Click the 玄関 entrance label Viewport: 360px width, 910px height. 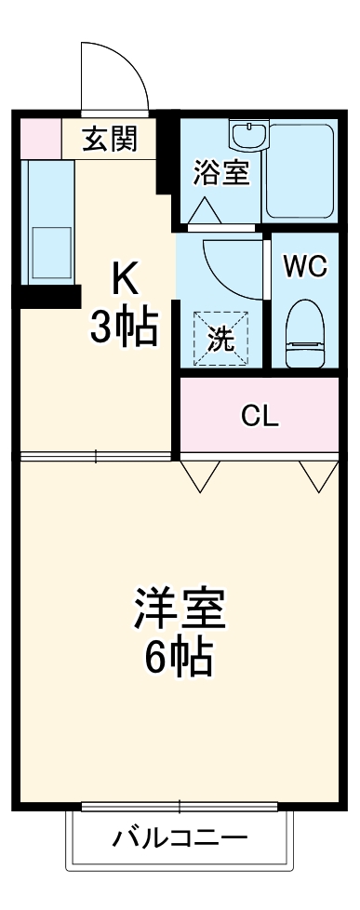click(110, 140)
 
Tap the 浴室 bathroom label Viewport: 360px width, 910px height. click(221, 173)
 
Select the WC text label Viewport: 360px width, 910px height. click(305, 266)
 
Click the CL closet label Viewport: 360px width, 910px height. click(260, 416)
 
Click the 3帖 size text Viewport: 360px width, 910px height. click(123, 327)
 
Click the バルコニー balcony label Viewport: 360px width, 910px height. click(180, 837)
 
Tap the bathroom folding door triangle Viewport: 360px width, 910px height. click(205, 212)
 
